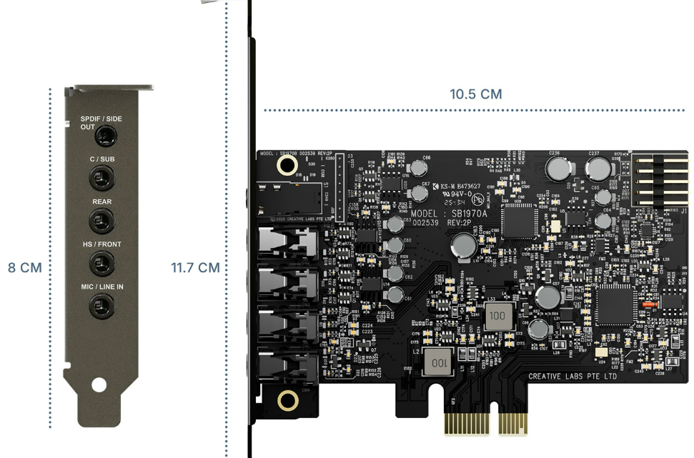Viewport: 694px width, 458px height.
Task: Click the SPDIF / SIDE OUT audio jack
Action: (x=106, y=134)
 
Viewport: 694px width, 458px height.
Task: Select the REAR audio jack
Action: (x=102, y=220)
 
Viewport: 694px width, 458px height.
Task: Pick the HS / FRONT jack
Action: (x=102, y=263)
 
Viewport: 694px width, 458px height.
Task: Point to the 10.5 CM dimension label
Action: (x=475, y=94)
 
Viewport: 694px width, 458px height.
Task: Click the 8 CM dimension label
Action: (x=25, y=268)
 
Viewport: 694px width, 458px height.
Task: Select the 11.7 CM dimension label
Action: (x=195, y=268)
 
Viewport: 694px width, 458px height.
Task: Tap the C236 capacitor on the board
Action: (x=558, y=169)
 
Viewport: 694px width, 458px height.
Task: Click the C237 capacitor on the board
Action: (x=597, y=169)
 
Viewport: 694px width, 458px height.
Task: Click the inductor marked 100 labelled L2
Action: (x=439, y=363)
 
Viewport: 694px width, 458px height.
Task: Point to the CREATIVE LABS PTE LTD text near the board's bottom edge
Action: (x=572, y=377)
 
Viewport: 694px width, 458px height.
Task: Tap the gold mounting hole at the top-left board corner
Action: (x=287, y=166)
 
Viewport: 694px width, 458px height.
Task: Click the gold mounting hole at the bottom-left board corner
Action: (x=287, y=400)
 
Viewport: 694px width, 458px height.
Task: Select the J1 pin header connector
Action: (x=660, y=182)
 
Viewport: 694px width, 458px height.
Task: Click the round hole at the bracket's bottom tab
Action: (x=99, y=385)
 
